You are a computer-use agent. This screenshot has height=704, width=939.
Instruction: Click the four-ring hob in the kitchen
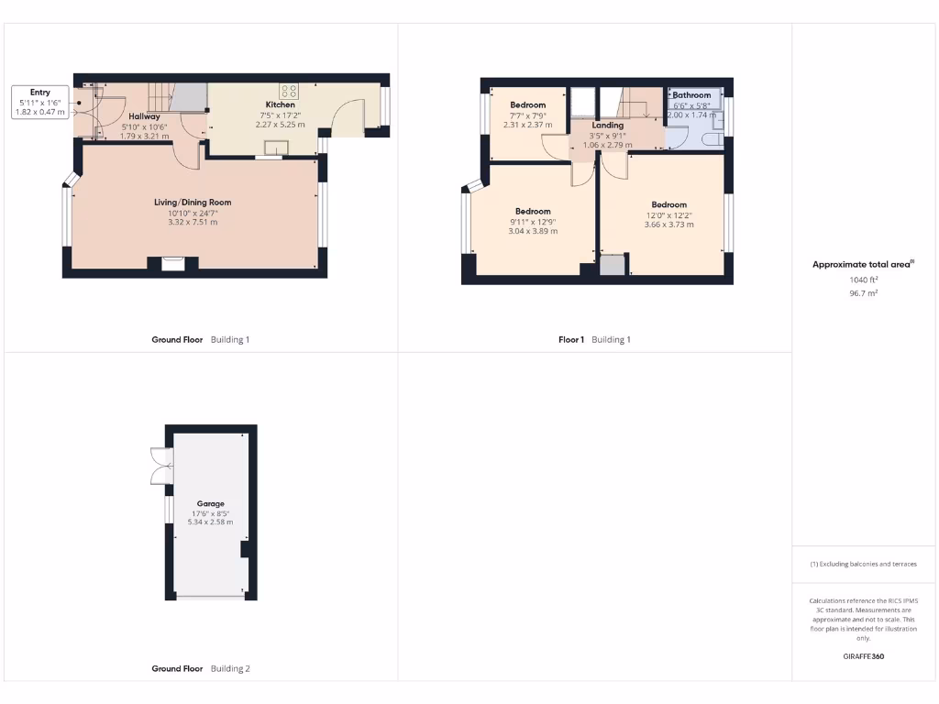[x=290, y=90]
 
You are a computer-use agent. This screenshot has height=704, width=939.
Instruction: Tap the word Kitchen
[x=281, y=105]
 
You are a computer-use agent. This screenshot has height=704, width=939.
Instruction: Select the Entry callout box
[x=40, y=102]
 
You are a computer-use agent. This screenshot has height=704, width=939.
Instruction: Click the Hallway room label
[x=144, y=116]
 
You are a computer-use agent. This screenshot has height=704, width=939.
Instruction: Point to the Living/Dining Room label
[x=193, y=203]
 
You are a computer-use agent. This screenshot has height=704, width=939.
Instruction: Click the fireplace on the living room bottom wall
[x=172, y=265]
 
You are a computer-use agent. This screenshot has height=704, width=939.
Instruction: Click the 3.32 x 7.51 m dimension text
[x=193, y=222]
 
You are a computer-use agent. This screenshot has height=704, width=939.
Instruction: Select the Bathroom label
[x=691, y=95]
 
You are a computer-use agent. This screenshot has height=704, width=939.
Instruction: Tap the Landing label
[x=607, y=126]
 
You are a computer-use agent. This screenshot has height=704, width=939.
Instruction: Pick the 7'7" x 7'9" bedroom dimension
[x=527, y=115]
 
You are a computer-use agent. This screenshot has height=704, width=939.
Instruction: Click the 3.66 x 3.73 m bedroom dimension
[x=668, y=225]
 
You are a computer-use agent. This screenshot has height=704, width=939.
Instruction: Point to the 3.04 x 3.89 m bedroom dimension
[x=533, y=231]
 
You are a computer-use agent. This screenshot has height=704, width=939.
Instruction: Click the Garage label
[x=210, y=504]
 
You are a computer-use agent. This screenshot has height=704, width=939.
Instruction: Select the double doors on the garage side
[x=160, y=466]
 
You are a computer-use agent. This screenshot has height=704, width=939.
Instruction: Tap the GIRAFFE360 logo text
[x=863, y=656]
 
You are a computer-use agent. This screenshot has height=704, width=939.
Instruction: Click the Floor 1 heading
[x=570, y=340]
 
